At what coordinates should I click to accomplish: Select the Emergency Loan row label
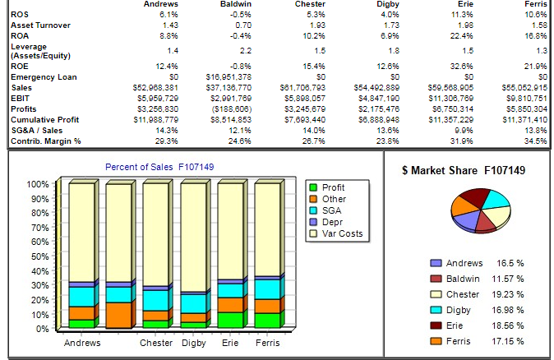[36, 76]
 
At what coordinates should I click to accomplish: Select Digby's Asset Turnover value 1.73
[389, 26]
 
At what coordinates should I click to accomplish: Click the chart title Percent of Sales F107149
[159, 168]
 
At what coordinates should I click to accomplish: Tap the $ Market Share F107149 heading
[464, 170]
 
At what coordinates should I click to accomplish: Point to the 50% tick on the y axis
[41, 256]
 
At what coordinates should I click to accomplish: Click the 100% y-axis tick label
[38, 184]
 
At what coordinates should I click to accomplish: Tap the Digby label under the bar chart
[194, 342]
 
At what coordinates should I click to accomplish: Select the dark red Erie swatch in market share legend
[436, 325]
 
